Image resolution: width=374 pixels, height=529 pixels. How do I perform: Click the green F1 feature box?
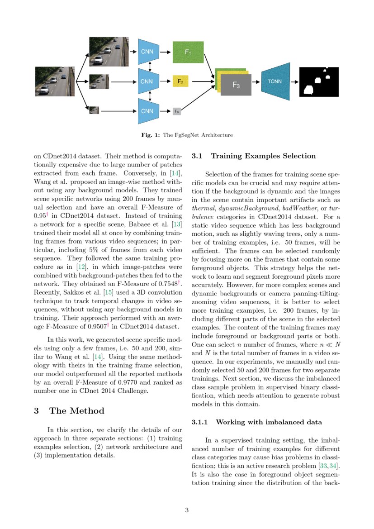click(188, 52)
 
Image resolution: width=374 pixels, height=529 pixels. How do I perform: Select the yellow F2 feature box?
click(180, 81)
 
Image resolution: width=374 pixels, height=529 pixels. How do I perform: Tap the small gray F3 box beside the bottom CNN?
click(177, 111)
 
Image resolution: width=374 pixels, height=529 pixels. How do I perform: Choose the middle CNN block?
click(147, 81)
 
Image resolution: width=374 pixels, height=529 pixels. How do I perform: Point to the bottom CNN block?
click(147, 111)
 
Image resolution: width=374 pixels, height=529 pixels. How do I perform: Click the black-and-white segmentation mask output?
click(318, 82)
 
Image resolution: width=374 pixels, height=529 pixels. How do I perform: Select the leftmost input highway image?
click(54, 81)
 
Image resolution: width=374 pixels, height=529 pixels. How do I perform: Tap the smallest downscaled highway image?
click(94, 110)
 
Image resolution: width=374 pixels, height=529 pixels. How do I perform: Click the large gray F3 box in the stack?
click(236, 85)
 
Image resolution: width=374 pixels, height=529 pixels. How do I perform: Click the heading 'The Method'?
click(76, 411)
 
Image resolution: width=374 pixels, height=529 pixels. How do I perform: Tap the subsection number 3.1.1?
click(199, 422)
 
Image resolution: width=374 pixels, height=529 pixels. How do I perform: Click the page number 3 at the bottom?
click(187, 510)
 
